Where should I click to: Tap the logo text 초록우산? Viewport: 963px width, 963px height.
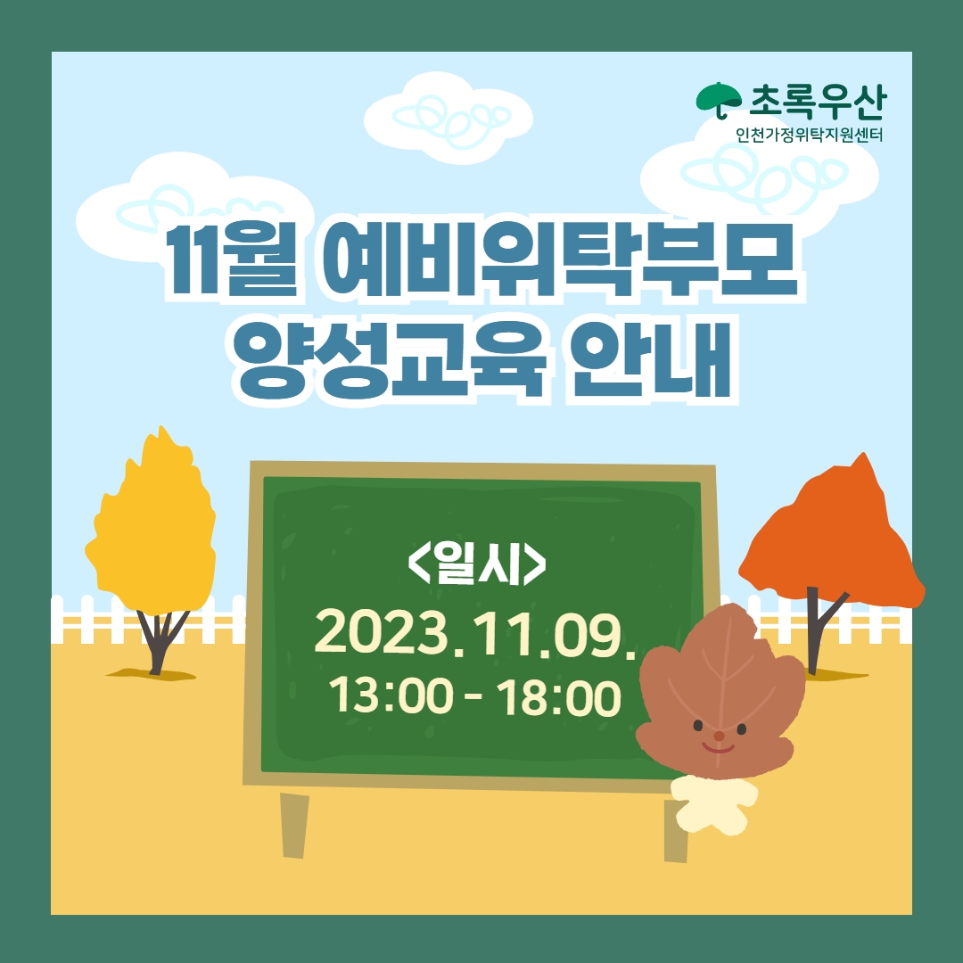(818, 102)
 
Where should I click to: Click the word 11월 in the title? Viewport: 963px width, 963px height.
(232, 260)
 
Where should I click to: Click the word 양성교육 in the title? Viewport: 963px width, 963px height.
(390, 358)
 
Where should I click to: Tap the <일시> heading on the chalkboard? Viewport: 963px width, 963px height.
(476, 563)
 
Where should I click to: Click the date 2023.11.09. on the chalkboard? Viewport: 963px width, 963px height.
(474, 631)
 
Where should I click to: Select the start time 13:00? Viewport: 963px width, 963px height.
(391, 697)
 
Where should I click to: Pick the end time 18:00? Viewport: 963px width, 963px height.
(558, 697)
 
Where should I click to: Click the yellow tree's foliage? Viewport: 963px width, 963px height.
(152, 528)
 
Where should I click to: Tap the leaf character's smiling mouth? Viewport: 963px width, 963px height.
(719, 749)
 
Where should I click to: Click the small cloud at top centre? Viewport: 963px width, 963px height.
(448, 118)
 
